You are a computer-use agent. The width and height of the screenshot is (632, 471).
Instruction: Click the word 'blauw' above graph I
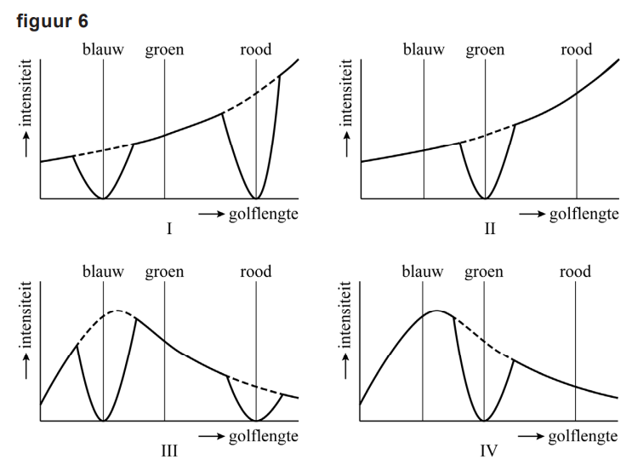103,49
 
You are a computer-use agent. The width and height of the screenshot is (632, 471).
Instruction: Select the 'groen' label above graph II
485,49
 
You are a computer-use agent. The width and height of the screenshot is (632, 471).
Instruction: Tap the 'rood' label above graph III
256,273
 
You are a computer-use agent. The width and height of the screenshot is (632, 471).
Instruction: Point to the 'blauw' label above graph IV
423,273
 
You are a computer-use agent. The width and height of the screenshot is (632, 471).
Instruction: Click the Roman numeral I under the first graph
169,228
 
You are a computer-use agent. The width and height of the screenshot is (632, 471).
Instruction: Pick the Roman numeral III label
169,451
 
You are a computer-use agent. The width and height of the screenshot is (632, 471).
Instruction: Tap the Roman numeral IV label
487,451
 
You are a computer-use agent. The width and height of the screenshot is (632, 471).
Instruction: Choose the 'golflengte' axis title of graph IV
583,436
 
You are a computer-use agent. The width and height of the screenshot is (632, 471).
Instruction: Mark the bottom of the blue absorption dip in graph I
103,198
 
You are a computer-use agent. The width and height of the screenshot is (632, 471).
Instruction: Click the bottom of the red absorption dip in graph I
256,198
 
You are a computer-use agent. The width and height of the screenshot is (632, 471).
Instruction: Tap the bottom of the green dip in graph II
485,198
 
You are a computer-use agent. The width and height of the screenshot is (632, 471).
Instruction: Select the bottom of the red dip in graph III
256,421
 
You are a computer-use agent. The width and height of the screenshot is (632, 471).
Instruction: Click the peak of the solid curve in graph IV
436,311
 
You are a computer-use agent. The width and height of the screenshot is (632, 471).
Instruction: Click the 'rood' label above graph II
576,49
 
